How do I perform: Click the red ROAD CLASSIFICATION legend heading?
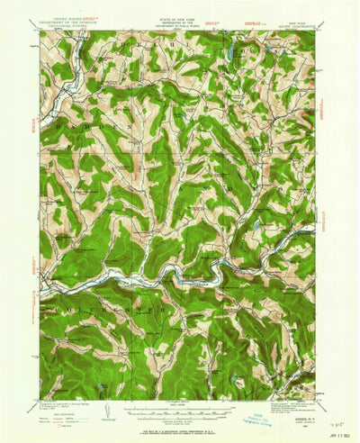[59, 393]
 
